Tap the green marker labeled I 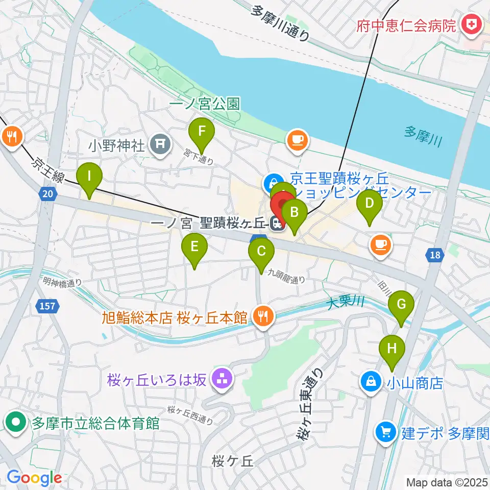click(89, 177)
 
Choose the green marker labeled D click(370, 204)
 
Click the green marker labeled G click(401, 305)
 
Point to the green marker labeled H click(391, 349)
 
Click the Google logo click(34, 478)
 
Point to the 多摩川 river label click(423, 137)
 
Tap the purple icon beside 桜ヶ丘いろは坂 click(221, 379)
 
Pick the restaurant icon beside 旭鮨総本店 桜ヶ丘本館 click(262, 317)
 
